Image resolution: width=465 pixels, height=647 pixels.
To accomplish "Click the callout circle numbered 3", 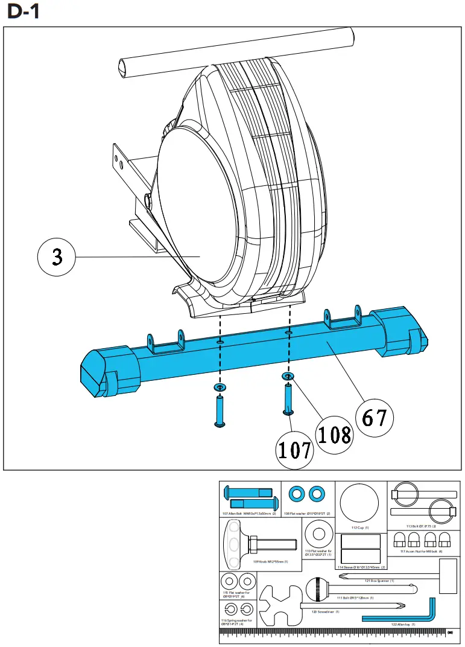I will coord(57,258).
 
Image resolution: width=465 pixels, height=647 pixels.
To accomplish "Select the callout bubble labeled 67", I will coord(375,416).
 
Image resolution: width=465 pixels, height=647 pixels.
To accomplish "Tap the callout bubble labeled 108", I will coord(335,433).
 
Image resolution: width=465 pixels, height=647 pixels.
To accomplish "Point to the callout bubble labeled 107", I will coord(295,450).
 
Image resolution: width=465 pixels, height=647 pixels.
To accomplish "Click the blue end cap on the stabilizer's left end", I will coord(103,371).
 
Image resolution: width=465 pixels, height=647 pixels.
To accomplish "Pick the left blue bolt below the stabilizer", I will coord(220,412).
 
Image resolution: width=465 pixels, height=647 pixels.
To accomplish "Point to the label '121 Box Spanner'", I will coord(379,581).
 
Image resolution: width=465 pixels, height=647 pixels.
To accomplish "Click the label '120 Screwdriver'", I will coord(325,611).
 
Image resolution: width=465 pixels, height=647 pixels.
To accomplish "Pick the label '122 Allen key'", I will coord(402,624).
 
